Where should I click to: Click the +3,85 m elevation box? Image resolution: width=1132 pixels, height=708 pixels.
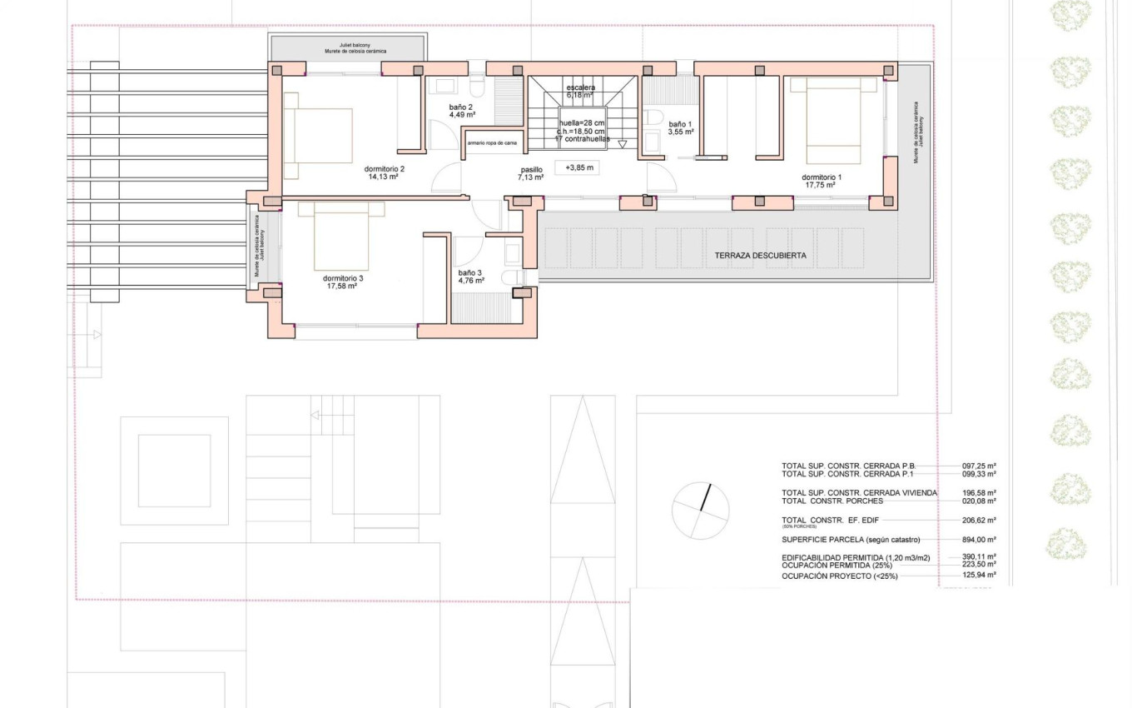point(579,167)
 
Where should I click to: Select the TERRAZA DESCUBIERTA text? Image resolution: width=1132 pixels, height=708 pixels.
point(760,256)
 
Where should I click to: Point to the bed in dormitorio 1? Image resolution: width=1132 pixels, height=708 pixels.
point(833,120)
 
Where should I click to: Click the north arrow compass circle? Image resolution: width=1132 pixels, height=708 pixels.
point(700,511)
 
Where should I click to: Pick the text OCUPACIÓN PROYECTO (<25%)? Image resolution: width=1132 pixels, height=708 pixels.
point(839,576)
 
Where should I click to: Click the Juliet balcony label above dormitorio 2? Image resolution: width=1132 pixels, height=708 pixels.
point(347,47)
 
